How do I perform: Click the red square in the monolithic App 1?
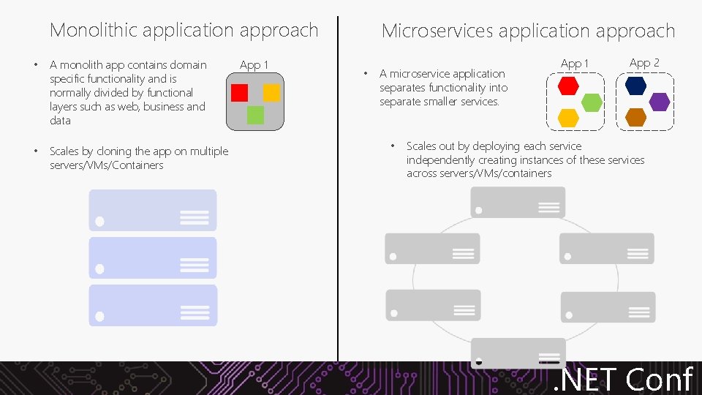click(239, 93)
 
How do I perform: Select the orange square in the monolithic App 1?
click(271, 93)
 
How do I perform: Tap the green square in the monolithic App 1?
click(255, 115)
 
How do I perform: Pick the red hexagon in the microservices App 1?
click(568, 86)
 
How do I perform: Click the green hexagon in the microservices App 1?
click(592, 102)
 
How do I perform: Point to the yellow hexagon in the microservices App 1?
click(568, 117)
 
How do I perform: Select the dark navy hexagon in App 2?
click(636, 86)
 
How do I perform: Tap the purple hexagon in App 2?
click(660, 102)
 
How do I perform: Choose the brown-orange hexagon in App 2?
click(636, 117)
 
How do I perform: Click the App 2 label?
click(644, 63)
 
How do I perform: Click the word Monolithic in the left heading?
click(94, 30)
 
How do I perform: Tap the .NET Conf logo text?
click(623, 379)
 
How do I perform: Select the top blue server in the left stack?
click(153, 210)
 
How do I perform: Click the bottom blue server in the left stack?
click(153, 305)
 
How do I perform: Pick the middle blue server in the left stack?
click(153, 257)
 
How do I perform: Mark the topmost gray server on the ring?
click(518, 202)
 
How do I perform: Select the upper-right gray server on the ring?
click(606, 248)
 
